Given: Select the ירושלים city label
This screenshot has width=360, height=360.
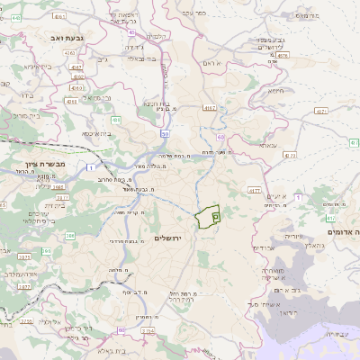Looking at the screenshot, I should pyautogui.click(x=167, y=238).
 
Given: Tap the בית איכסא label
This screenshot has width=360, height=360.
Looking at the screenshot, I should pyautogui.click(x=98, y=133).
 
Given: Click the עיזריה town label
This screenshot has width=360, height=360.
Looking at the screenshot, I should pyautogui.click(x=269, y=235).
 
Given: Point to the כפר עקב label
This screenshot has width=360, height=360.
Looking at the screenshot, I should pyautogui.click(x=195, y=13).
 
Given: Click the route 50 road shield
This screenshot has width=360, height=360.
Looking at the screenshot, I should pyautogui.click(x=166, y=133).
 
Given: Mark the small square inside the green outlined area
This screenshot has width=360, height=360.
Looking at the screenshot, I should pyautogui.click(x=215, y=214).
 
